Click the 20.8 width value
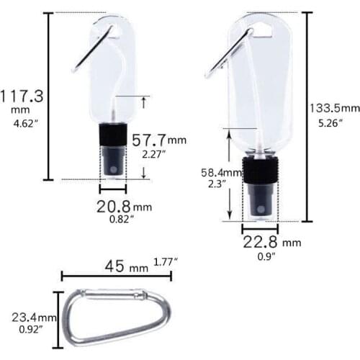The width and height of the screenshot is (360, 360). point(114,206)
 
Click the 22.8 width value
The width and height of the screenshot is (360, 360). point(260,242)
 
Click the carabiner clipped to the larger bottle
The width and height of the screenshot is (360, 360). point(229,53)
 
